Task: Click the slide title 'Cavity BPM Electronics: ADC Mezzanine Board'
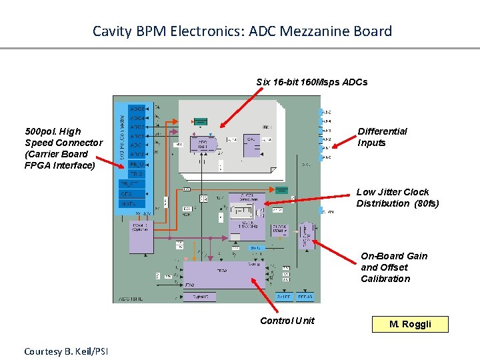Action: tap(242, 31)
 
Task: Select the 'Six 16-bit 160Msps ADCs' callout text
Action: tap(312, 82)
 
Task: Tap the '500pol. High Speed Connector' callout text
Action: tap(63, 148)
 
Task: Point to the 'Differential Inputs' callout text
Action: tap(382, 137)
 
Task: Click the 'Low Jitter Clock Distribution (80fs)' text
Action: tap(397, 197)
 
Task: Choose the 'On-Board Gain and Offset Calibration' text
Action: tap(394, 267)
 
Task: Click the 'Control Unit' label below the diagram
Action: tap(287, 321)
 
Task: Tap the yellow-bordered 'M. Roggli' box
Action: tap(411, 325)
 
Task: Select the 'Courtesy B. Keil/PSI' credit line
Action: tap(66, 351)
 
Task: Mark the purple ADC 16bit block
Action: tap(204, 144)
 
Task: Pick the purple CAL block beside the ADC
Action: tap(251, 144)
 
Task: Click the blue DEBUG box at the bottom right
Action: tap(305, 297)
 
